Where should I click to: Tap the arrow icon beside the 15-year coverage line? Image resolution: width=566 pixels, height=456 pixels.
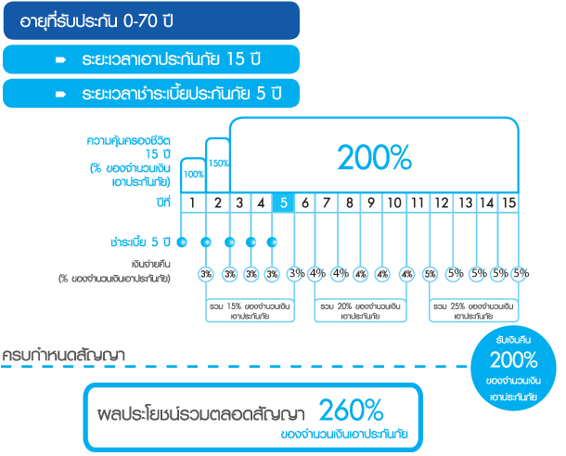pos(59,59)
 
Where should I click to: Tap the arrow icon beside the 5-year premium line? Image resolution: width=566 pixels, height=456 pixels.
pos(59,94)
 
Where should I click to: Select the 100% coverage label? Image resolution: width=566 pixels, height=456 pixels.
pos(194,175)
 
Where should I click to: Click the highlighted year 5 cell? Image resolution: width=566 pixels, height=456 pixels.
pos(283,202)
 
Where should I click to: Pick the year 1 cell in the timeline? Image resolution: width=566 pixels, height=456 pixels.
pos(191,202)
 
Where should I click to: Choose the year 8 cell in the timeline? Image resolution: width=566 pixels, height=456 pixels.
pos(351,202)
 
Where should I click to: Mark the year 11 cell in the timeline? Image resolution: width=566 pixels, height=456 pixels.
pos(418,202)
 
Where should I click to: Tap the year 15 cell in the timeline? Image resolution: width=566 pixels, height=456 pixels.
pos(508,202)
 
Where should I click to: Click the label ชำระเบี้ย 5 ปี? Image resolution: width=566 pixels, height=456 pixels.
pos(139,242)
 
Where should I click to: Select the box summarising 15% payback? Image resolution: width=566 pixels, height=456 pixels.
pos(250,308)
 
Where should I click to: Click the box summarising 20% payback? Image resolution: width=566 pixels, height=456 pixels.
pos(362,308)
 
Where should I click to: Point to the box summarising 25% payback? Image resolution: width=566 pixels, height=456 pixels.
pos(474,308)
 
